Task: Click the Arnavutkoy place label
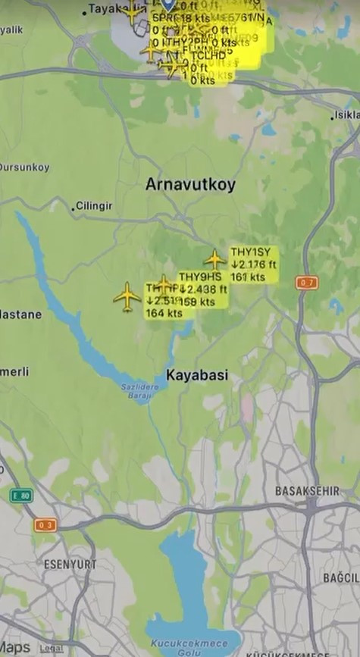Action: (190, 184)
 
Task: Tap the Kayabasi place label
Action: (197, 375)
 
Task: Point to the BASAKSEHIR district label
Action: (307, 491)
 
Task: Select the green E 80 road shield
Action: (21, 496)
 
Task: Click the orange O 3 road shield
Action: (45, 524)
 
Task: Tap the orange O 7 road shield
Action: (307, 283)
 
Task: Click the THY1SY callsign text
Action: (250, 252)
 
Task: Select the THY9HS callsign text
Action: (200, 277)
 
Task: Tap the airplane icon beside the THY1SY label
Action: (215, 259)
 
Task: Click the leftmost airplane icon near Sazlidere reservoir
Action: (127, 296)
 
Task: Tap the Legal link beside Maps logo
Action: (52, 649)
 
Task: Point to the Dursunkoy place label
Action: (24, 167)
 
